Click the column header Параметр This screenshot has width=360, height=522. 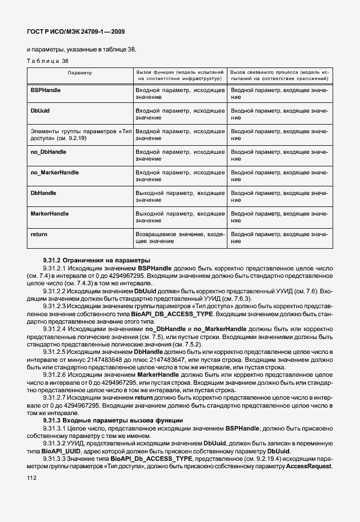[x=79, y=73]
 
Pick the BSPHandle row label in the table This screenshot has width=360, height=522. [x=45, y=90]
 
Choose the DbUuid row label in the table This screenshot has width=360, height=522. [x=40, y=110]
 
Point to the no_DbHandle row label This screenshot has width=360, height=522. [x=48, y=152]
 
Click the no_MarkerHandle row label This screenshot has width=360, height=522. [x=54, y=172]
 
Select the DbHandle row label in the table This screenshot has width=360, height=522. [x=43, y=193]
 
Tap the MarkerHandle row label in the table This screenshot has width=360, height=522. [x=49, y=213]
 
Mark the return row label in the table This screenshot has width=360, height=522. [x=38, y=234]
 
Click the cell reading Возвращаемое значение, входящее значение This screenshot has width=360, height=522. [x=179, y=238]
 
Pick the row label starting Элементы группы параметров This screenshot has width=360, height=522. [x=80, y=135]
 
